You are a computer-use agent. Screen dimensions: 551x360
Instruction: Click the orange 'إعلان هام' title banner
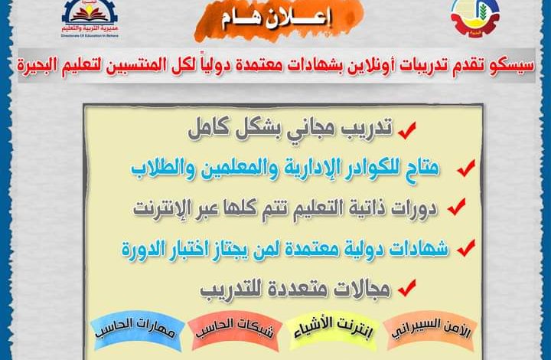tap(279, 21)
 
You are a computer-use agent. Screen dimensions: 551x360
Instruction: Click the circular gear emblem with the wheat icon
tap(475, 18)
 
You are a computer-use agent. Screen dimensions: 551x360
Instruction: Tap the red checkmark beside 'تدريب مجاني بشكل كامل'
tap(407, 130)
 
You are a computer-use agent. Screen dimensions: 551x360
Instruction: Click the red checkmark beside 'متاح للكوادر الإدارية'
tap(466, 168)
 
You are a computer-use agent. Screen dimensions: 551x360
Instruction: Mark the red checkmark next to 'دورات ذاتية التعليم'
tap(456, 207)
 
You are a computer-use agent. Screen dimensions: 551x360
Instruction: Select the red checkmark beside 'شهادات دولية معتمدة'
tap(466, 248)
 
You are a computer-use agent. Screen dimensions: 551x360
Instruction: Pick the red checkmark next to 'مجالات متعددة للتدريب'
tap(407, 287)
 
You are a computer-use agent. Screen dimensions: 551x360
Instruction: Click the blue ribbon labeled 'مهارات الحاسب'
tap(137, 330)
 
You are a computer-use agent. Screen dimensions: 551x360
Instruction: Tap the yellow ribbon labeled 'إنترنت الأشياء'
tap(333, 331)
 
